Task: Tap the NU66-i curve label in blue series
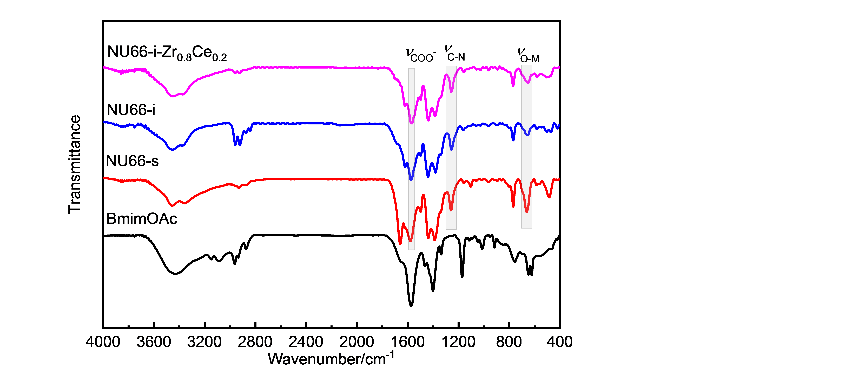click(x=131, y=110)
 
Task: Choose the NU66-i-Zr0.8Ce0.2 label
click(x=167, y=53)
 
